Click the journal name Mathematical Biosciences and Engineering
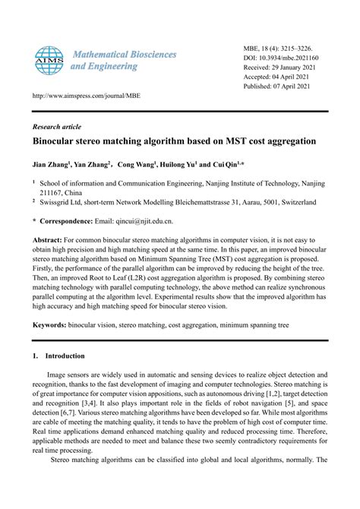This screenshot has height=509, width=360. click(123, 61)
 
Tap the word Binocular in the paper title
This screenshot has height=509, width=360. click(57, 142)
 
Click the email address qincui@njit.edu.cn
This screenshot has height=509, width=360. click(137, 221)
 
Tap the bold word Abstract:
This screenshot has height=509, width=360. click(50, 239)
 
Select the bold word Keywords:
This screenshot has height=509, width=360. click(52, 324)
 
